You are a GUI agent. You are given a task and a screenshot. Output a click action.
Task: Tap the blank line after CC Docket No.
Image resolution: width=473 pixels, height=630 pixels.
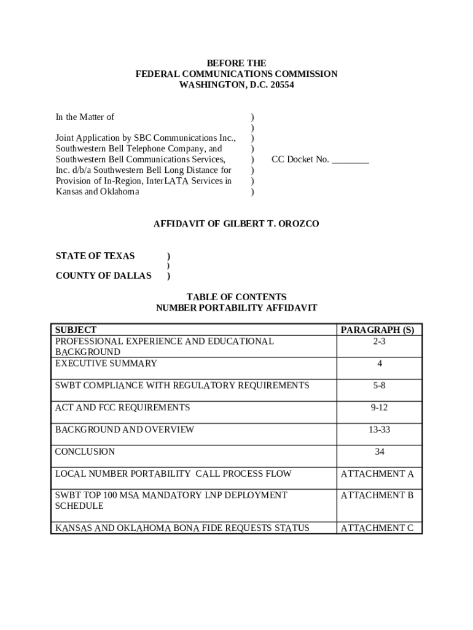tap(350, 160)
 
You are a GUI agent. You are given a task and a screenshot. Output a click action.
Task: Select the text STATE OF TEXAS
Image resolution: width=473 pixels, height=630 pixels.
tap(95, 256)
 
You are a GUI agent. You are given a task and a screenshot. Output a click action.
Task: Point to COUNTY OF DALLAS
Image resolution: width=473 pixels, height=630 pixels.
tap(103, 276)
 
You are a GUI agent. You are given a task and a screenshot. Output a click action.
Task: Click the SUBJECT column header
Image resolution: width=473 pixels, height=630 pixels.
tap(76, 330)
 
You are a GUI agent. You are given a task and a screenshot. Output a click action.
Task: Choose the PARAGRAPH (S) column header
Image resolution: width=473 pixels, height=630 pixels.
tap(378, 330)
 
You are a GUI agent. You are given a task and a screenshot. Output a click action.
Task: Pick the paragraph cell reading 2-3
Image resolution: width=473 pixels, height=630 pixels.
tap(379, 341)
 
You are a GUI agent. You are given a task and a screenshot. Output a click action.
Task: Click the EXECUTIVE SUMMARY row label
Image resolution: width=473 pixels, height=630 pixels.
tap(106, 364)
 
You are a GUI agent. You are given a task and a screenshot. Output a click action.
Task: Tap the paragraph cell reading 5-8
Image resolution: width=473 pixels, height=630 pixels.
tap(379, 386)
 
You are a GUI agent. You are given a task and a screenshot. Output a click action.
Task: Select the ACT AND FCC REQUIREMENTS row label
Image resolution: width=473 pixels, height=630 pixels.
tap(122, 407)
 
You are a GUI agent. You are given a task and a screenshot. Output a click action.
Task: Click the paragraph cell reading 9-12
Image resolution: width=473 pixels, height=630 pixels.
tap(379, 407)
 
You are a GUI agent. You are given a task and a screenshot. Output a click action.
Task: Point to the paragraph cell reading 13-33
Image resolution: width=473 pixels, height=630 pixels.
tap(379, 429)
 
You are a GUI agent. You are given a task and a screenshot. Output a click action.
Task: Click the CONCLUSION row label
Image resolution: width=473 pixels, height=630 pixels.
tap(85, 452)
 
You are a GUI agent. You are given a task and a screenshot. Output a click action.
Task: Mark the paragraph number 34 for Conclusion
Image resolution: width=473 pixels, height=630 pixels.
tap(379, 452)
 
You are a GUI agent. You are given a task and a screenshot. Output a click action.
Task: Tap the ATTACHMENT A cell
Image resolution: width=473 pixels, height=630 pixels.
tap(377, 474)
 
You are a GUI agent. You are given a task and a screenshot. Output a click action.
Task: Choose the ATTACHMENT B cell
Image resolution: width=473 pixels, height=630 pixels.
tap(377, 495)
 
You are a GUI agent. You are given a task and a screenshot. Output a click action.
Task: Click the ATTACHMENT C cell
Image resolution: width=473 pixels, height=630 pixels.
tap(377, 528)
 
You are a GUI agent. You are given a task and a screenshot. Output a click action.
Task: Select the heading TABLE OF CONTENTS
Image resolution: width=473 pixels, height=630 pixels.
tap(237, 297)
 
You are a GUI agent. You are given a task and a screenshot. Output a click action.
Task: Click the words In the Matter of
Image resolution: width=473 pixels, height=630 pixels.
tap(85, 117)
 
